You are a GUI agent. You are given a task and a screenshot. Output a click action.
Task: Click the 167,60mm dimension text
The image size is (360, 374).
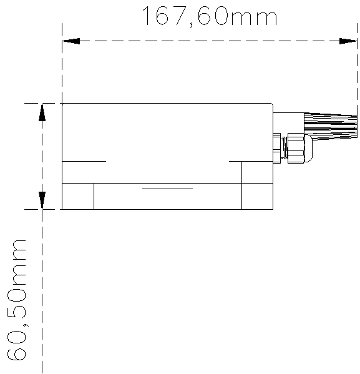pos(210,16)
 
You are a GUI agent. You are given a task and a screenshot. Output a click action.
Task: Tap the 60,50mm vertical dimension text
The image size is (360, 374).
pos(16,300)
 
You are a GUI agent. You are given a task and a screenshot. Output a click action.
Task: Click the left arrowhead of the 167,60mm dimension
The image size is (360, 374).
pos(71,41)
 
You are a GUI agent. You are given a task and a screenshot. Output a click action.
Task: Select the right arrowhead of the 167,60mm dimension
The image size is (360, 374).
pos(348,41)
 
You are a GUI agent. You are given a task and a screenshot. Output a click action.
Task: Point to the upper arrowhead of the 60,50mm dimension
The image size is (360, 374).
pos(42,112)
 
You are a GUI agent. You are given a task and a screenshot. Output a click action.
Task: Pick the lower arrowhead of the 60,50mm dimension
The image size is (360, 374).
pos(42,200)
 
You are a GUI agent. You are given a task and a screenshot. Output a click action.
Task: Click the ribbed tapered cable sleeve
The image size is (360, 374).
pos(331,126)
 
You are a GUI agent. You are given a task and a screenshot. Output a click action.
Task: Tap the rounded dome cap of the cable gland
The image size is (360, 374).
pos(308,148)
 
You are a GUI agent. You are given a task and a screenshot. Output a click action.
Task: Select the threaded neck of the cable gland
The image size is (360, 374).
pos(284,148)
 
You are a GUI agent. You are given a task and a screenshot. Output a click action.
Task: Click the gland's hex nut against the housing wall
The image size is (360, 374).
pos(277,148)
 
